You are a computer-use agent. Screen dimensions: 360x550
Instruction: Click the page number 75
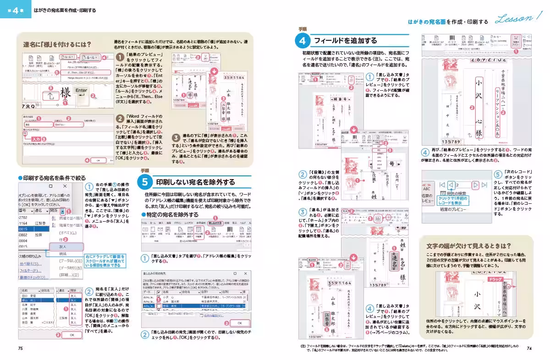20,349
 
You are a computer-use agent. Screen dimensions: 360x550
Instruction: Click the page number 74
529,349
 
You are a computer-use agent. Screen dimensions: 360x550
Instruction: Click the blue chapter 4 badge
16,10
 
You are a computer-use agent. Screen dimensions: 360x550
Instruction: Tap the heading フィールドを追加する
345,41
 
